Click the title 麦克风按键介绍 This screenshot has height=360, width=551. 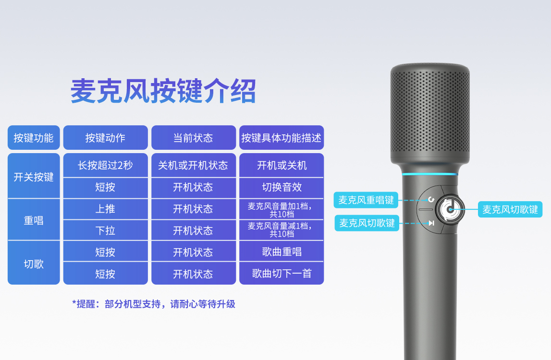coord(163,91)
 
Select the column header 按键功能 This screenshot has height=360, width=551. coord(34,138)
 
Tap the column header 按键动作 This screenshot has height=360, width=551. coord(105,138)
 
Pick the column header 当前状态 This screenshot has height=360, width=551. coord(193,138)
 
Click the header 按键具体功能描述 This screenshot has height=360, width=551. coord(282,138)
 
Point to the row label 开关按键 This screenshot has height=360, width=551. coord(34,176)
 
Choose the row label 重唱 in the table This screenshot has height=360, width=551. coord(34,220)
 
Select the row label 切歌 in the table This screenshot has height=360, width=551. coord(34,263)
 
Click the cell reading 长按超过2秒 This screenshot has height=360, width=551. coord(105,165)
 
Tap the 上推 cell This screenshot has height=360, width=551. coord(105,209)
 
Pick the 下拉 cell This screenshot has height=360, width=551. coord(105,230)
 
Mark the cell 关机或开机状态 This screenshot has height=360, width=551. coord(193,165)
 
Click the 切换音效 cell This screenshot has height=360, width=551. coord(282,187)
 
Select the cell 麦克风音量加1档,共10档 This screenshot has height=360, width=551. coord(282,209)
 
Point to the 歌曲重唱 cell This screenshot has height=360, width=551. coord(282,252)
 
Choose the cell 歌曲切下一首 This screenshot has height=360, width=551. coord(282,273)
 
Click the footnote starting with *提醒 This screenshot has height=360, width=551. coord(154,304)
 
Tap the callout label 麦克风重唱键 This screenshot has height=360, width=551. coord(366,200)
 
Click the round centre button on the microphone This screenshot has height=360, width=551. coord(450,209)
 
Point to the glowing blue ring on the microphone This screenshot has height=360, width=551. coord(430,174)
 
